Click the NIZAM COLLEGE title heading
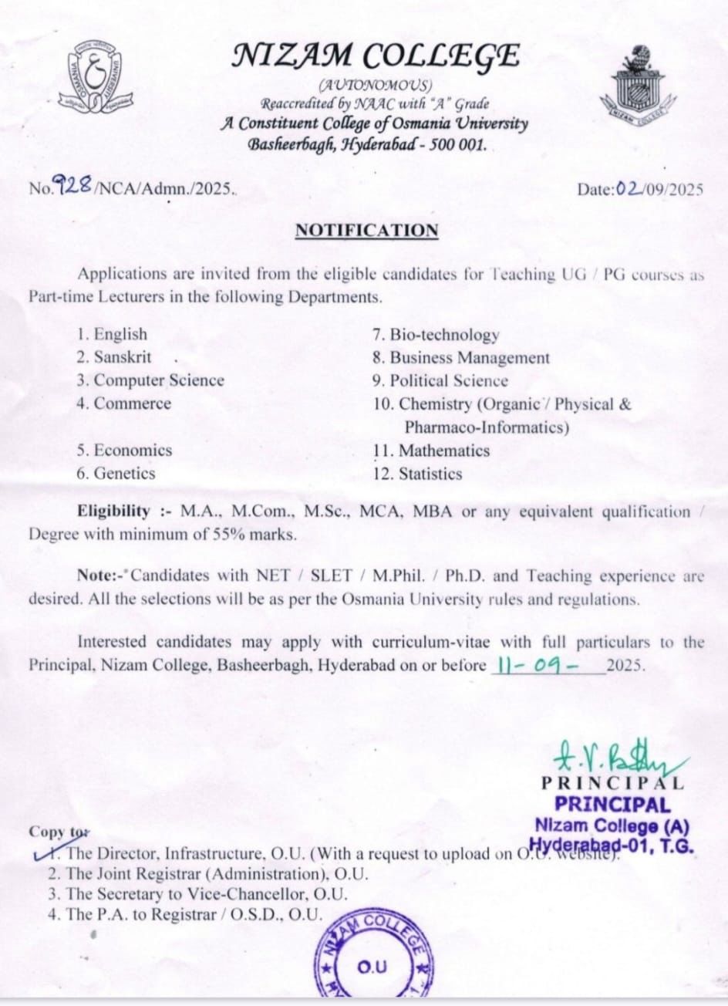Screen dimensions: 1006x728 (x=376, y=56)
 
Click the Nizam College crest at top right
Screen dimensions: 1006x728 (x=636, y=81)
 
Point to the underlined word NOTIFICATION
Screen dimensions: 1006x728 (x=366, y=231)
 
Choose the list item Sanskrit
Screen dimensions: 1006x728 (x=114, y=357)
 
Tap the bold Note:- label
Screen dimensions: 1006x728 (x=102, y=576)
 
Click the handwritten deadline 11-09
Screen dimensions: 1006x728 (x=534, y=664)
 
